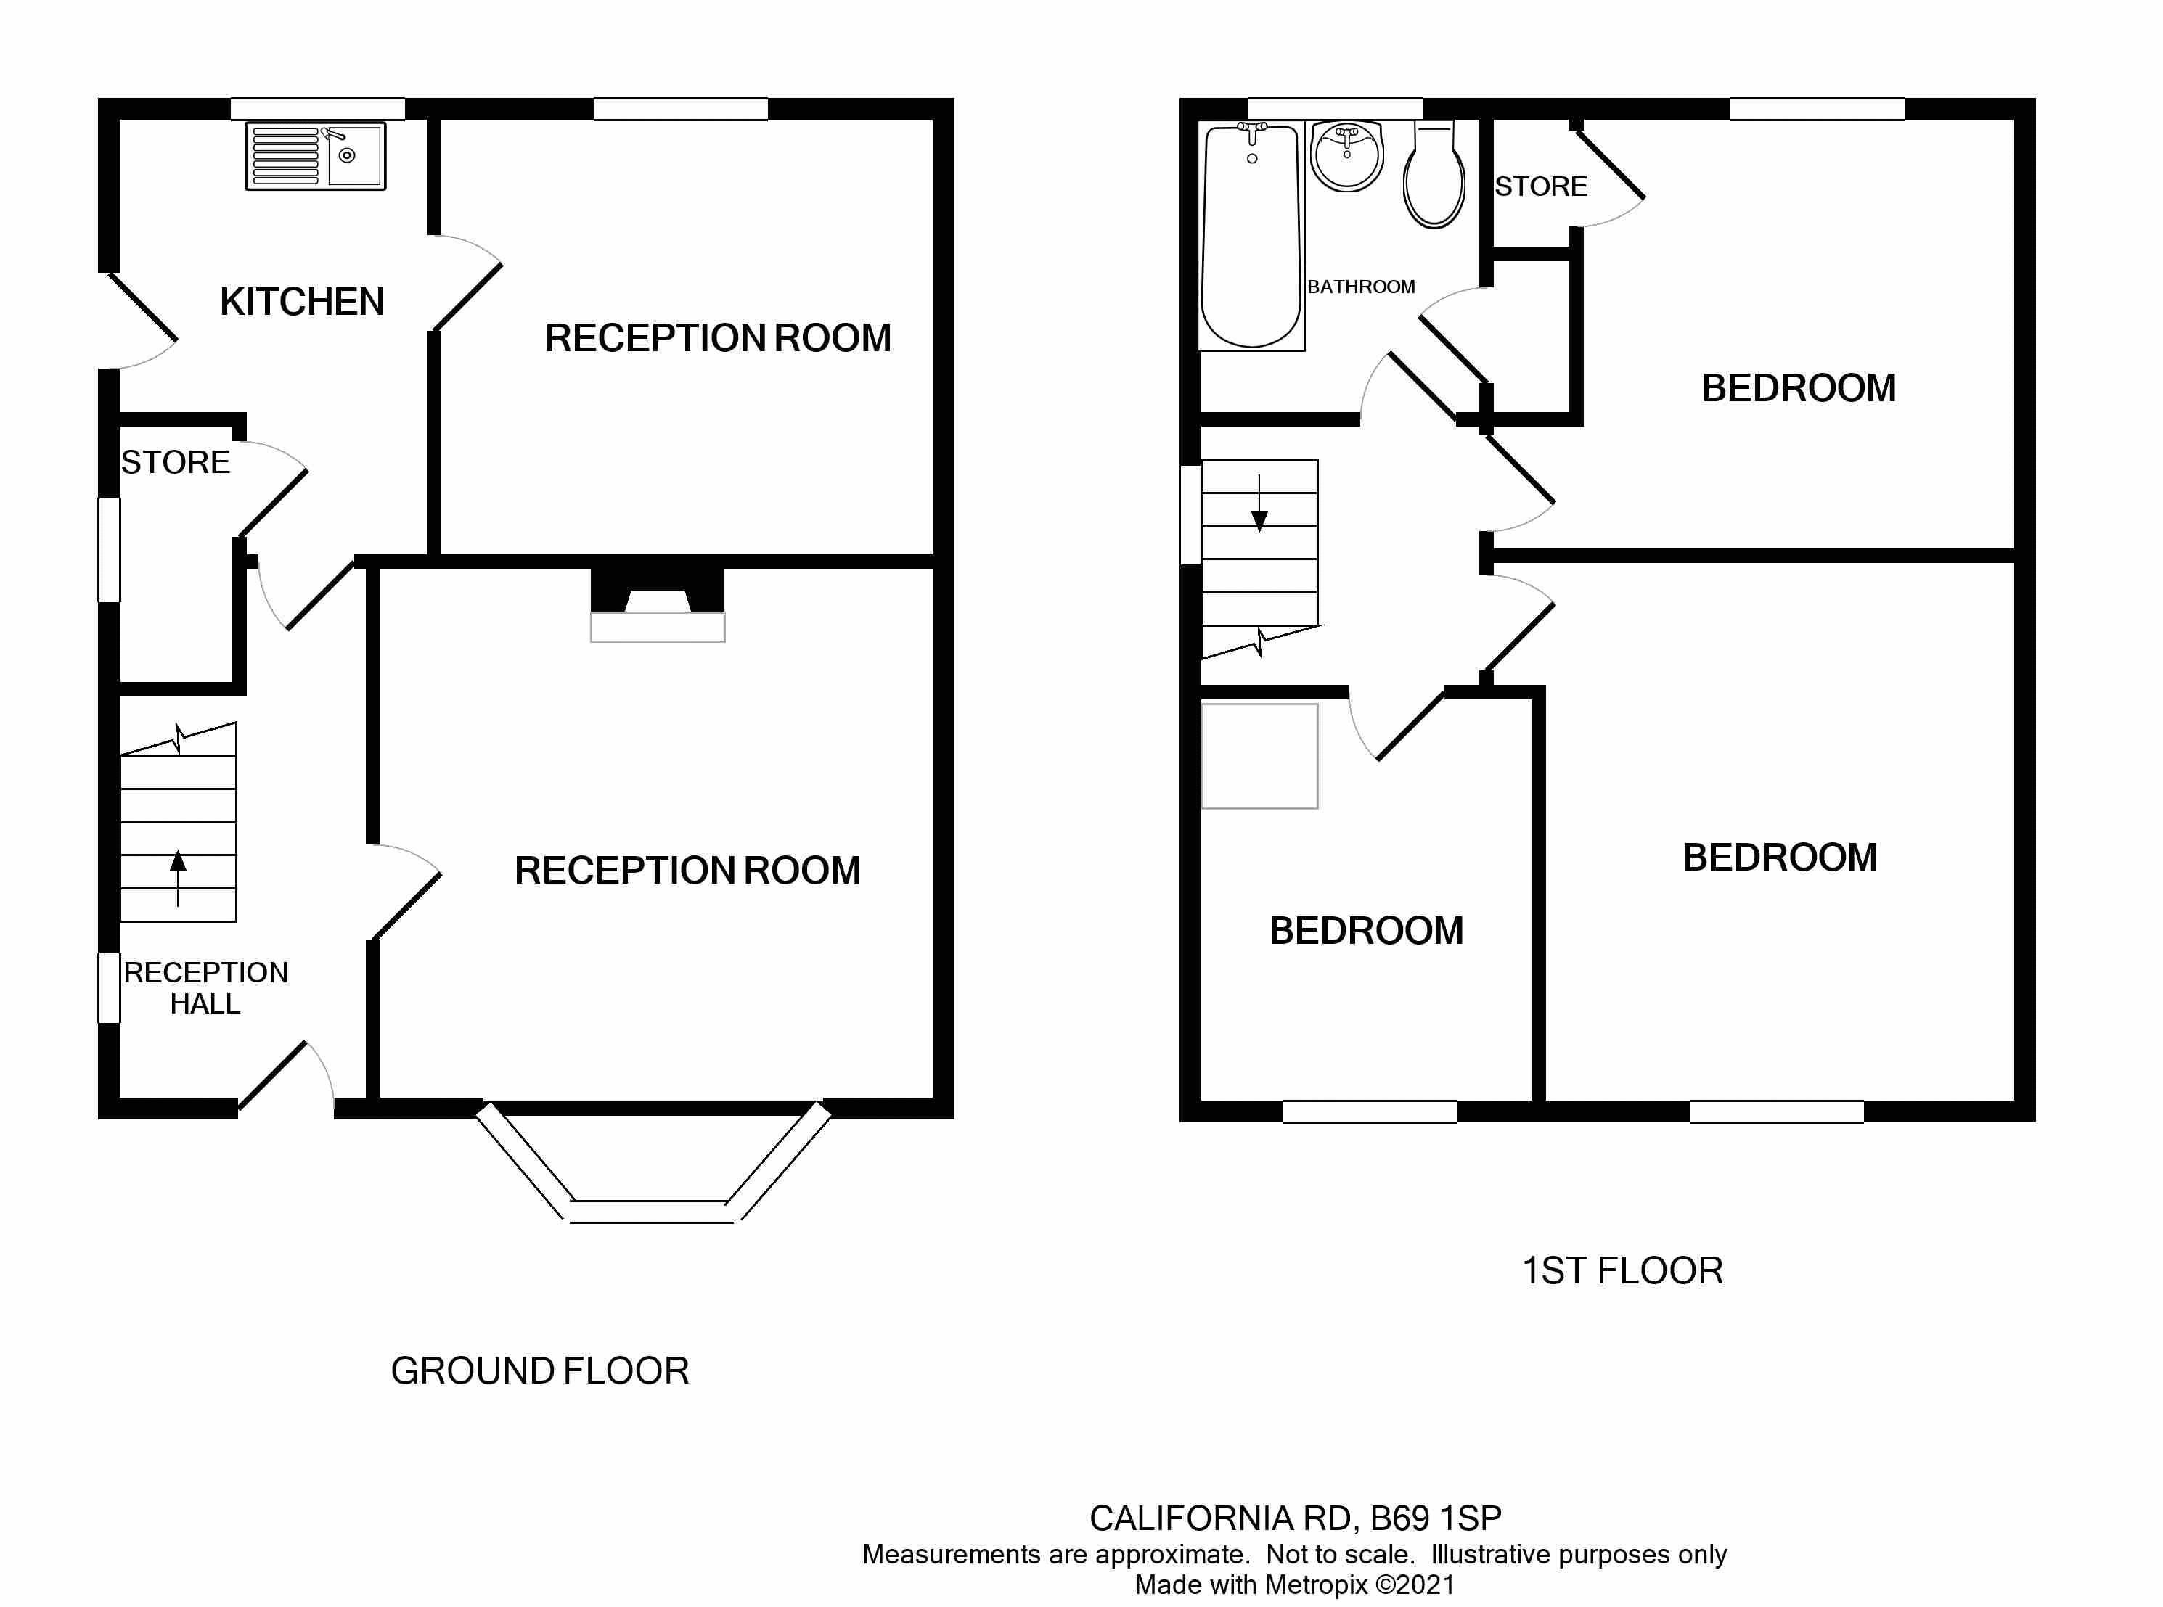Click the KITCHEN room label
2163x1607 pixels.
302,302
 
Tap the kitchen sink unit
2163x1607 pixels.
315,156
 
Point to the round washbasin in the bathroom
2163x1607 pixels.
1346,156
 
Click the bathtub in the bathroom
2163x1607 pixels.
1251,238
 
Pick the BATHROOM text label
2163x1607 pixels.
1360,287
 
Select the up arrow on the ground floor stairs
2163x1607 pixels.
178,876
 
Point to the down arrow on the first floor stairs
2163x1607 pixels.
1259,506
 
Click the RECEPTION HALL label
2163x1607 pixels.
205,987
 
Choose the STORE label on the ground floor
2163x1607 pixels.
175,462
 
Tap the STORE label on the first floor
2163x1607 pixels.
1540,186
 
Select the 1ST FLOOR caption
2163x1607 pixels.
1622,1270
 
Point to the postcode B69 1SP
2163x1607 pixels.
1435,1518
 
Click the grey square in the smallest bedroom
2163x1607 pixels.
1259,756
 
